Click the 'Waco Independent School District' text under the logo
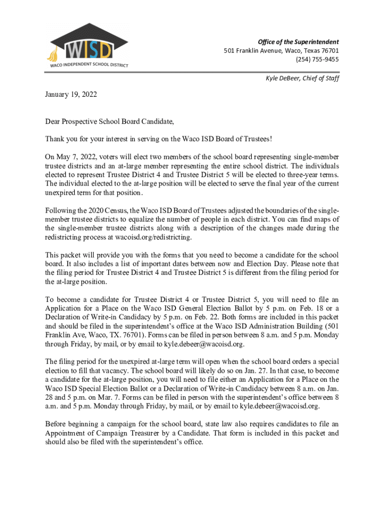(89, 65)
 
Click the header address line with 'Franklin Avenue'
(281, 50)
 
